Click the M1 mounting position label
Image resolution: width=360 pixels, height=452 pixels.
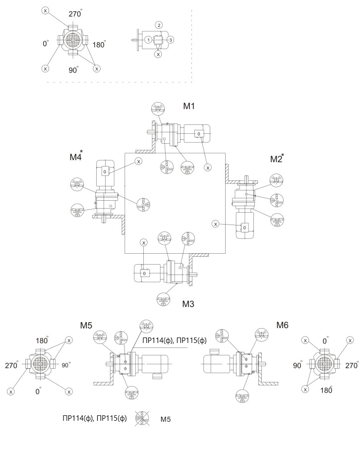pyautogui.click(x=189, y=107)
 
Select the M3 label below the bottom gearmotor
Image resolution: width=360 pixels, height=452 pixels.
pyautogui.click(x=188, y=303)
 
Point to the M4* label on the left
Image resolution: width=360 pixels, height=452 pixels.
pyautogui.click(x=76, y=159)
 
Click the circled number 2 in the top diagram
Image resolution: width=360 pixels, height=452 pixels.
pyautogui.click(x=158, y=25)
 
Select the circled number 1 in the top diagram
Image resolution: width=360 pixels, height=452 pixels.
pyautogui.click(x=148, y=40)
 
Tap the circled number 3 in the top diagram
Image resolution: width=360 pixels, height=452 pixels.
pyautogui.click(x=170, y=40)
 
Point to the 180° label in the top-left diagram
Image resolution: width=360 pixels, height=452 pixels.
pyautogui.click(x=99, y=45)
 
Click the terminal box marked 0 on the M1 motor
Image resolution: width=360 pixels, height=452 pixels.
pyautogui.click(x=198, y=134)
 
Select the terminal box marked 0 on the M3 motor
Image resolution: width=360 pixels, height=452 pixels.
pyautogui.click(x=144, y=273)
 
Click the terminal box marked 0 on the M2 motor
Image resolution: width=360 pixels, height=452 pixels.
pyautogui.click(x=244, y=227)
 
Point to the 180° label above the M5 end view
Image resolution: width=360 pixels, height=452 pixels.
pyautogui.click(x=43, y=341)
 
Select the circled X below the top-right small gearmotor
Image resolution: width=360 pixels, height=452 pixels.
pyautogui.click(x=158, y=55)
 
